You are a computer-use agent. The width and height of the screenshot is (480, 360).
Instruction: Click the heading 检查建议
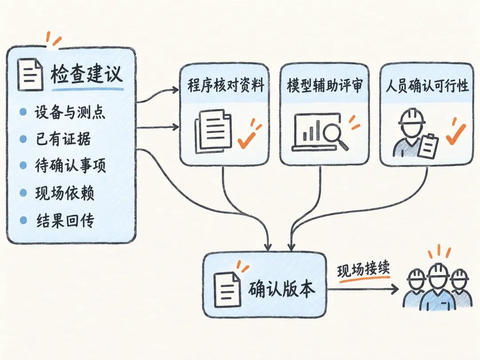[87, 73]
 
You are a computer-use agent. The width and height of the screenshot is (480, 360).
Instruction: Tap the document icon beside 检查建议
[30, 75]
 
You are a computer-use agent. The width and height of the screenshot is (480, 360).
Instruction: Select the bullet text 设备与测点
[70, 112]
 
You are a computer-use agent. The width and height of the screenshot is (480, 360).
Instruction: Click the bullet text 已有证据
[64, 139]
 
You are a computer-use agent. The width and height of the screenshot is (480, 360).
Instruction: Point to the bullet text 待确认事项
[70, 166]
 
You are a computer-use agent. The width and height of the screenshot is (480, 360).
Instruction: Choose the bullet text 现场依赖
[64, 193]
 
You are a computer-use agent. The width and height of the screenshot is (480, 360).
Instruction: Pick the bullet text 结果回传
[65, 220]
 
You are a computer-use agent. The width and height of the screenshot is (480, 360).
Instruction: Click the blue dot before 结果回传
[23, 220]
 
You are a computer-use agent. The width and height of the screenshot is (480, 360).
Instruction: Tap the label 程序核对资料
[226, 85]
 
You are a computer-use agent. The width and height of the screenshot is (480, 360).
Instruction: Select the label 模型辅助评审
[325, 85]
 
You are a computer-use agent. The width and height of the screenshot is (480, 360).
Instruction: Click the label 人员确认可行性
[427, 85]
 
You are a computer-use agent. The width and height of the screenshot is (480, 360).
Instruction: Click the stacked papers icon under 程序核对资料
[213, 131]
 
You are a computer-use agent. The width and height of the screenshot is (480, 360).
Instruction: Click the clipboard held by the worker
[428, 146]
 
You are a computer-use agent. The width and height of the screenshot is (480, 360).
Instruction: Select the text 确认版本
[281, 289]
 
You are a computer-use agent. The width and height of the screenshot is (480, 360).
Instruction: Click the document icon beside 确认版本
[227, 290]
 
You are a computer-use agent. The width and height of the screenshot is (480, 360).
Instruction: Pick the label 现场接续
[364, 270]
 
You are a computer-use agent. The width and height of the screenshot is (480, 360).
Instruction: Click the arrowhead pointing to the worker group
[395, 289]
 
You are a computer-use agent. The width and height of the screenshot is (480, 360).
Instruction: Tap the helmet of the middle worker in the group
[439, 270]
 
